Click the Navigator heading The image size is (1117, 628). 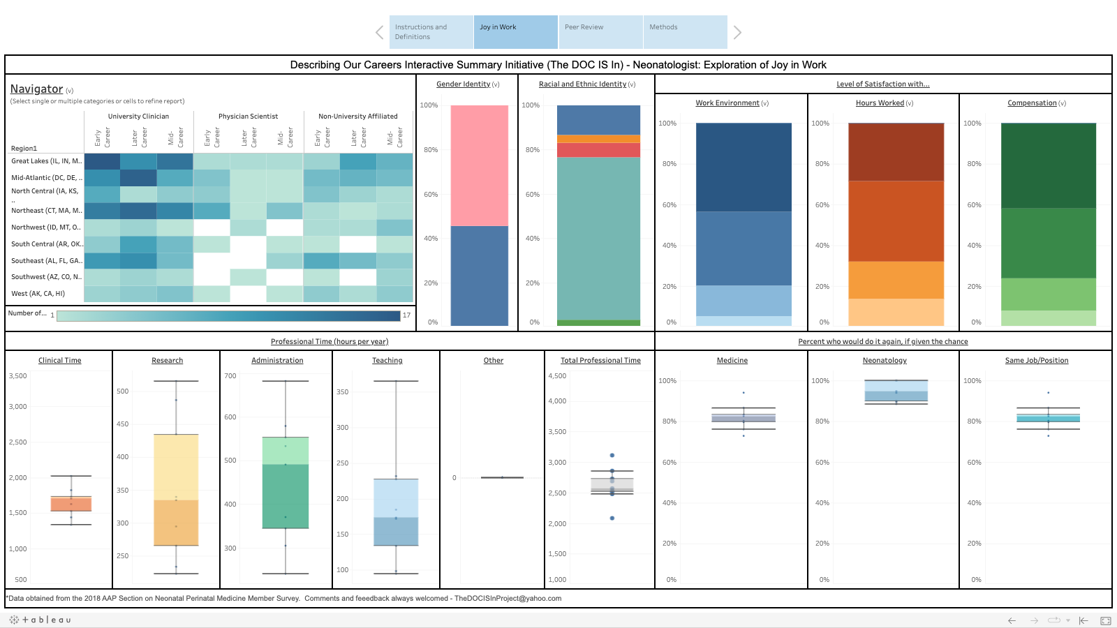[x=36, y=89]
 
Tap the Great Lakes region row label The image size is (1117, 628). [x=46, y=161]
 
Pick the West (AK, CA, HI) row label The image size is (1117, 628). [x=38, y=294]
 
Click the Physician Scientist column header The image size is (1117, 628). [x=248, y=117]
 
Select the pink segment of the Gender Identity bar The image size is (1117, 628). [x=480, y=165]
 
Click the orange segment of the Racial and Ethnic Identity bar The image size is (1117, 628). [x=598, y=139]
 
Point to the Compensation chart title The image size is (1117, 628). [x=1032, y=103]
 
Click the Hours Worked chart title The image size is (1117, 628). [x=880, y=103]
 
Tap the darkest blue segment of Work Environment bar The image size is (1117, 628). [x=744, y=167]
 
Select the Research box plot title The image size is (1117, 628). [x=168, y=361]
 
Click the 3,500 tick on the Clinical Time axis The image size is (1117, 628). [x=18, y=376]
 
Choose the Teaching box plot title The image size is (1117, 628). [x=387, y=361]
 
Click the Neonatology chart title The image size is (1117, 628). [x=885, y=361]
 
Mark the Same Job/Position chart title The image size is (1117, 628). [x=1037, y=361]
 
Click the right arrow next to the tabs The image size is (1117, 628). [x=737, y=32]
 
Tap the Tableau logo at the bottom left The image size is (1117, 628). [x=40, y=620]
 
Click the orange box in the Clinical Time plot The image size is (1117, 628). [x=71, y=504]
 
